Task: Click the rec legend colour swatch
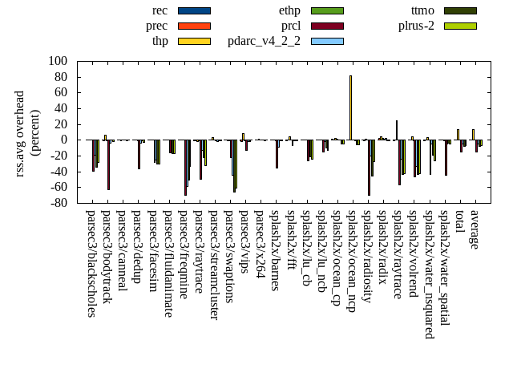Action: coord(194,10)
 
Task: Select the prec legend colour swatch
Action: coord(194,26)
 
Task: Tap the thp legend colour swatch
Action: coord(194,41)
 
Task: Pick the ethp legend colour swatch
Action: coord(327,10)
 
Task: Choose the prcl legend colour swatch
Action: coord(327,26)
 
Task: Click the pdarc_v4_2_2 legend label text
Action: coord(264,41)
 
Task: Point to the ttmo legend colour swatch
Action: coord(460,10)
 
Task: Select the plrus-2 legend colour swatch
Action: coord(460,26)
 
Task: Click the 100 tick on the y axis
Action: coord(58,61)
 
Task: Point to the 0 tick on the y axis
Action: coord(64,140)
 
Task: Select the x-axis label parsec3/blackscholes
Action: coord(91,264)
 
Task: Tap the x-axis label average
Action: coord(475,230)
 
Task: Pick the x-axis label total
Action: coord(460,224)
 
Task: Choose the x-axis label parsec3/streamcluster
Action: coord(214,265)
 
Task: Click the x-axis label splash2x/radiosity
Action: coord(367,256)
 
